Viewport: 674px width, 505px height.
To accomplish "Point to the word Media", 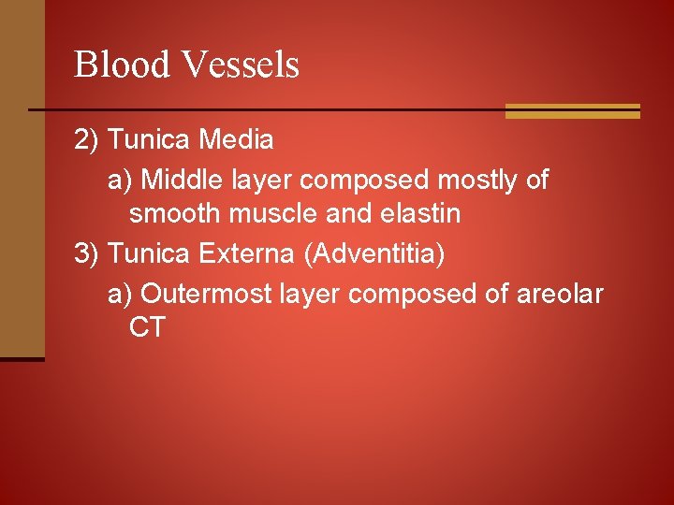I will click(x=236, y=140).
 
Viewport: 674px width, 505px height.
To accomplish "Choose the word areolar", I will click(x=560, y=294).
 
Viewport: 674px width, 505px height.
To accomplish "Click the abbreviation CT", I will click(x=147, y=328).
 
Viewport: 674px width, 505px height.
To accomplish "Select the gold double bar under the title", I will click(x=572, y=111).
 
